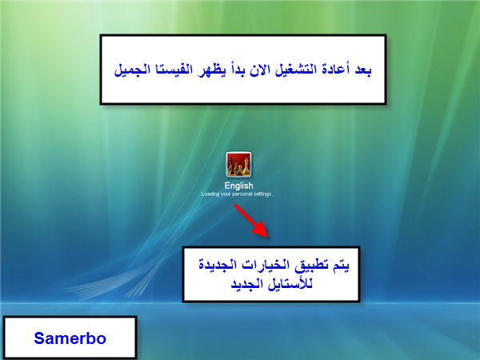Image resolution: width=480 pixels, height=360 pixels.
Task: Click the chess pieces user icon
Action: [x=238, y=164]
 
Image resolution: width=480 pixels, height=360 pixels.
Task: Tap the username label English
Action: [x=238, y=186]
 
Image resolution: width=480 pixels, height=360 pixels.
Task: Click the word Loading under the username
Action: [x=210, y=194]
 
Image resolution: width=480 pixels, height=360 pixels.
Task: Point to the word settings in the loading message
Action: [x=264, y=194]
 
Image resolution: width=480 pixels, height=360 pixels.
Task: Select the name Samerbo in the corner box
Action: [x=70, y=338]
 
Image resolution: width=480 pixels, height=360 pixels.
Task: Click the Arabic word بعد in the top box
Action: [x=363, y=70]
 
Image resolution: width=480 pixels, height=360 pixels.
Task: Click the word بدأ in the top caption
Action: [x=237, y=70]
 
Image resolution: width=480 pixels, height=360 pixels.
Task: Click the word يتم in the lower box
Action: [x=340, y=265]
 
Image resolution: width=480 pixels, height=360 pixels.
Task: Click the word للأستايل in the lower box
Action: [x=290, y=284]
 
